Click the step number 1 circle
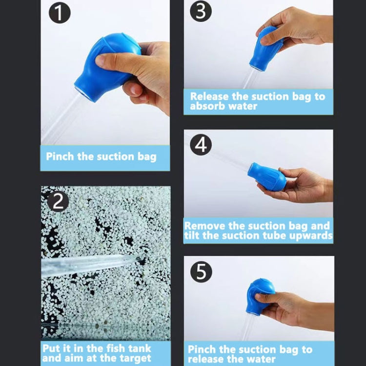(x=60, y=14)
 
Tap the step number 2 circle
(x=58, y=201)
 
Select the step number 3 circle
(x=201, y=11)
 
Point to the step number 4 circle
(x=201, y=145)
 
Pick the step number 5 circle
(x=201, y=272)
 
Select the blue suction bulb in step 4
(x=267, y=177)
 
